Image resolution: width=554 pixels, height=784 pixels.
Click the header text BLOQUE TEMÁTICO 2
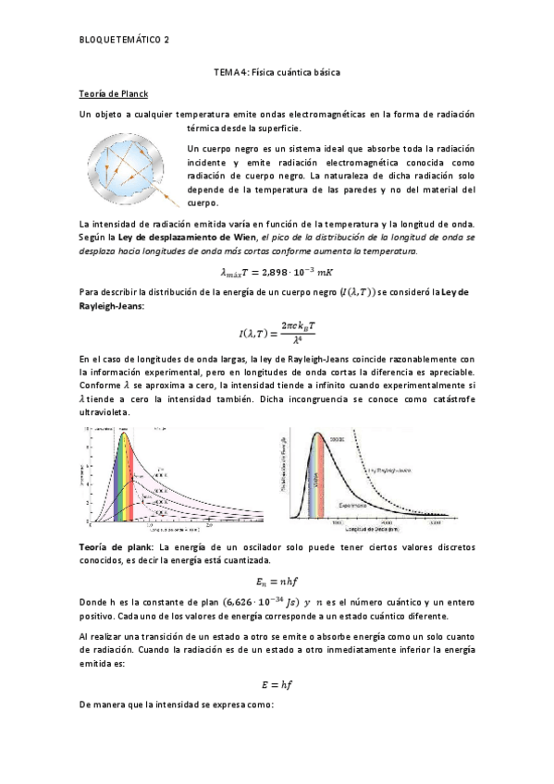125,40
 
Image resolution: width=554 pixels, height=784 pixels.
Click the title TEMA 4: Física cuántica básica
277,71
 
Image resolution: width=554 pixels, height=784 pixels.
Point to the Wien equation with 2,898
277,272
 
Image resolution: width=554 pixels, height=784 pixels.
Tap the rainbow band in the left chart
127,481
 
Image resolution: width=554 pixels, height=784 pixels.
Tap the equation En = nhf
277,581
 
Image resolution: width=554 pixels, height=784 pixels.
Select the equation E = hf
277,685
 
